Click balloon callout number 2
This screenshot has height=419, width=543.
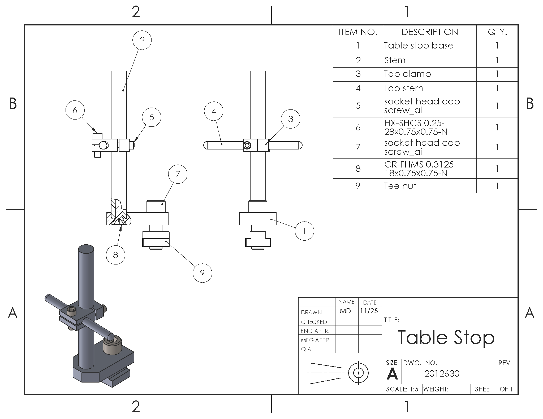pos(142,40)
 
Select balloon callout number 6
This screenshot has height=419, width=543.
pos(75,110)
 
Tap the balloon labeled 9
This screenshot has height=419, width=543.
pos(202,273)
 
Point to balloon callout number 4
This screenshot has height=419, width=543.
pos(214,111)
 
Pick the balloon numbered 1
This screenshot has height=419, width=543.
pos(304,231)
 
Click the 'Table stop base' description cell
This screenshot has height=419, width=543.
pos(419,46)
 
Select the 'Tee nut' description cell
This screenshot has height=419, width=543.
pos(400,186)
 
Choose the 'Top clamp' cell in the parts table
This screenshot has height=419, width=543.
pos(407,74)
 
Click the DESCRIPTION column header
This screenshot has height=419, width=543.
pos(430,32)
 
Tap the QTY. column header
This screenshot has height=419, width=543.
pos(497,32)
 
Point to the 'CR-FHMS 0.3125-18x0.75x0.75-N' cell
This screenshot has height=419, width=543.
pos(420,169)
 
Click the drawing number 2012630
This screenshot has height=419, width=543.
pos(442,373)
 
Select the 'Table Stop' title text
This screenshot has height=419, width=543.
pos(446,337)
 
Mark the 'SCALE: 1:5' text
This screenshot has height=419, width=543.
pos(402,389)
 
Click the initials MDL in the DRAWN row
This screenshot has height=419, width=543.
pos(347,311)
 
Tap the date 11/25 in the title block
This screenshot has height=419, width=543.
pos(369,311)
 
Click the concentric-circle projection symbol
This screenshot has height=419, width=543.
pos(359,373)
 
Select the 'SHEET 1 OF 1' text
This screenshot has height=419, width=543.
pos(494,389)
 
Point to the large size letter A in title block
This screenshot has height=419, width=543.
pos(392,374)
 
